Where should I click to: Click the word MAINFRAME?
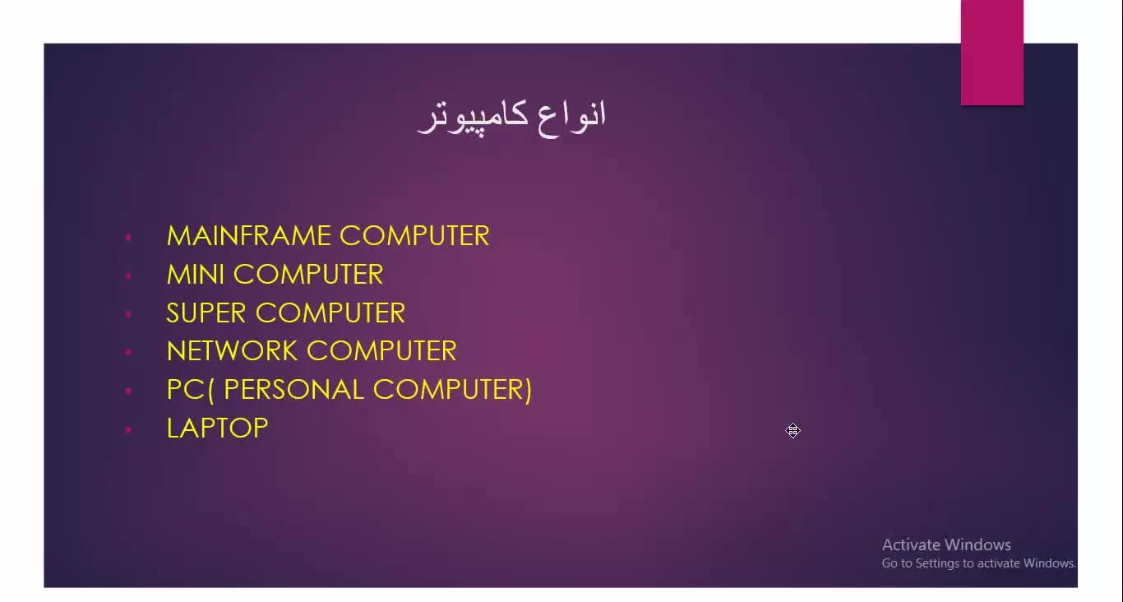(247, 235)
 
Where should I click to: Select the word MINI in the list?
(195, 275)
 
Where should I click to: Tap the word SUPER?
(206, 313)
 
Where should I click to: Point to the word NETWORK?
(232, 350)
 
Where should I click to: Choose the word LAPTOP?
(218, 428)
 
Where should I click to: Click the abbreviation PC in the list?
(185, 389)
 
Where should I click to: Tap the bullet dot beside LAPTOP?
(128, 429)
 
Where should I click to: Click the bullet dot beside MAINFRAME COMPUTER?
(128, 237)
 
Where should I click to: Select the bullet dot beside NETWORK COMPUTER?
(128, 352)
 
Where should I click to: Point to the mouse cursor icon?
(793, 430)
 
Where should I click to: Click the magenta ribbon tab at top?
(992, 53)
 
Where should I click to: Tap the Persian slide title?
(512, 118)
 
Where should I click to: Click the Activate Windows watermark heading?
(946, 544)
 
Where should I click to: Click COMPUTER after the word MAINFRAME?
(414, 235)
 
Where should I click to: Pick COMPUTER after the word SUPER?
(330, 313)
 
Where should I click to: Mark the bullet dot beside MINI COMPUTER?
(128, 276)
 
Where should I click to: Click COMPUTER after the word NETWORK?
(382, 350)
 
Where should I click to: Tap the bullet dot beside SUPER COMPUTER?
(128, 314)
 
